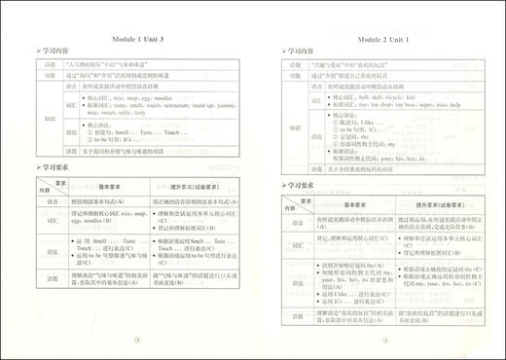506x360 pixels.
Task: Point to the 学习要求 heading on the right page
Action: [x=301, y=183]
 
